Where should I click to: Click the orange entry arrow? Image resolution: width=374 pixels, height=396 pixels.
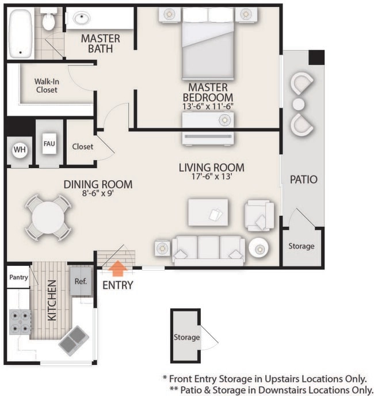(x=118, y=268)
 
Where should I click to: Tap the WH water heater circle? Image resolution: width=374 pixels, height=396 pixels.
(x=20, y=150)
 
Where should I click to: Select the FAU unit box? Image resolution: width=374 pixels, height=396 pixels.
(x=49, y=143)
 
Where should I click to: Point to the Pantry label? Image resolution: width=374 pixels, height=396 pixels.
(x=18, y=277)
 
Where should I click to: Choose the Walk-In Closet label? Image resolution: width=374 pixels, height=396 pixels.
(x=46, y=85)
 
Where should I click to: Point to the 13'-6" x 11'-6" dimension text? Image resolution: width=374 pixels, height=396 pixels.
(x=207, y=106)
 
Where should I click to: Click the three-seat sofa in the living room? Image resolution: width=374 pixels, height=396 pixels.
(x=207, y=249)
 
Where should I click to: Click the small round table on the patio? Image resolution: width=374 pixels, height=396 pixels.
(x=299, y=104)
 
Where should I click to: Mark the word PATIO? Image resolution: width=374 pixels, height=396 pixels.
(x=303, y=180)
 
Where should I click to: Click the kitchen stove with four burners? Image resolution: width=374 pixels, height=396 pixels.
(x=21, y=322)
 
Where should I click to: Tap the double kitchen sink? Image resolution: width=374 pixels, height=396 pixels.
(x=73, y=340)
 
